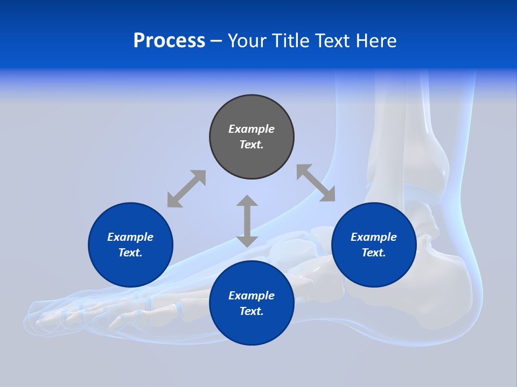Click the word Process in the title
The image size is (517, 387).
pyautogui.click(x=169, y=41)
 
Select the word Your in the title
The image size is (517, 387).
pyautogui.click(x=247, y=41)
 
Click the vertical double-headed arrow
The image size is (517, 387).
pyautogui.click(x=247, y=221)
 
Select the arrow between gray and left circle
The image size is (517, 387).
pyautogui.click(x=186, y=189)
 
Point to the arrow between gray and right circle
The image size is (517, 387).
pyautogui.click(x=316, y=183)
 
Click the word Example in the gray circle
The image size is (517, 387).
pyautogui.click(x=251, y=129)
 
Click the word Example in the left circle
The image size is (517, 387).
pyautogui.click(x=130, y=237)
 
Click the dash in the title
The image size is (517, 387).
pyautogui.click(x=216, y=41)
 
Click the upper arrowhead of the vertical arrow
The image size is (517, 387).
pyautogui.click(x=247, y=201)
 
